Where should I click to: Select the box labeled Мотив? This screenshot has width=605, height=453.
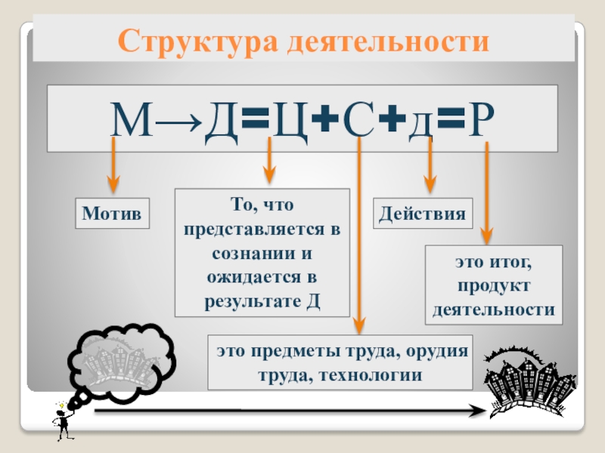click(x=112, y=214)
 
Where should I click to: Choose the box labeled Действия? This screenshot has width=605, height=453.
click(x=423, y=214)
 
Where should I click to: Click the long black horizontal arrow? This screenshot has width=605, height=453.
click(x=287, y=411)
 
